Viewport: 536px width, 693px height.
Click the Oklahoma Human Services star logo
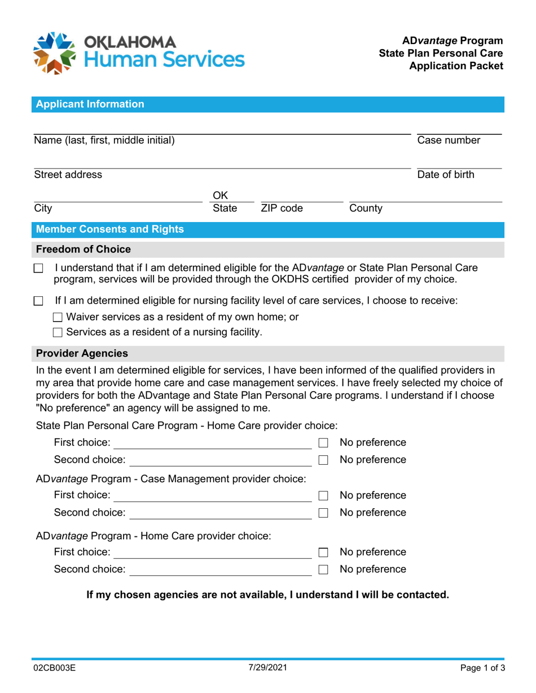point(55,53)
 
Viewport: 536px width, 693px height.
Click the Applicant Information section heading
point(90,104)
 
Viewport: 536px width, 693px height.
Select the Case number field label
point(449,140)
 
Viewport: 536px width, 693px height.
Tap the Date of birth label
point(445,175)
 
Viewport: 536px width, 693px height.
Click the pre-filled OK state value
point(219,196)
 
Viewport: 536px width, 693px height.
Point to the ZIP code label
point(282,208)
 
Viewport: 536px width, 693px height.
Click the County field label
point(366,208)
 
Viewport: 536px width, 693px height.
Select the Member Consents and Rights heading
point(109,229)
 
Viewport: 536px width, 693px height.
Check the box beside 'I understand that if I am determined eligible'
point(38,268)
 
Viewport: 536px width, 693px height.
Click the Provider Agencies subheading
point(82,354)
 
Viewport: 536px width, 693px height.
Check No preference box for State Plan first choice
point(323,443)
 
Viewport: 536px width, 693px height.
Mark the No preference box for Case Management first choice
point(323,496)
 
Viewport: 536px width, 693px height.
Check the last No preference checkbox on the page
point(323,570)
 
